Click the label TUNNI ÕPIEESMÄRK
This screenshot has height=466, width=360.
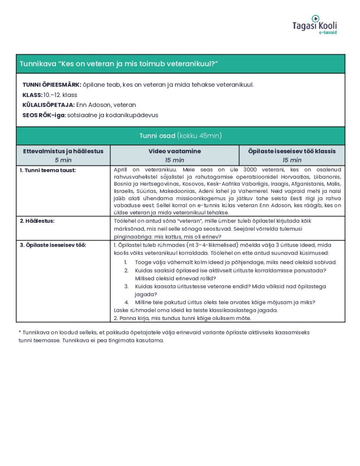tap(51, 85)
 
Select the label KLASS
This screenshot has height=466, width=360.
tap(32, 95)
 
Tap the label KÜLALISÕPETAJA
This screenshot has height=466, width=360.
tap(49, 105)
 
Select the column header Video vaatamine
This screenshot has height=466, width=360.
tap(174, 151)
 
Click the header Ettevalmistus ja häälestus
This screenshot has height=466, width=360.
tap(63, 151)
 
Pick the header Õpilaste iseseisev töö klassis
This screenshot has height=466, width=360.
tap(292, 151)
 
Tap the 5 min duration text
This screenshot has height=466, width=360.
tap(63, 160)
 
